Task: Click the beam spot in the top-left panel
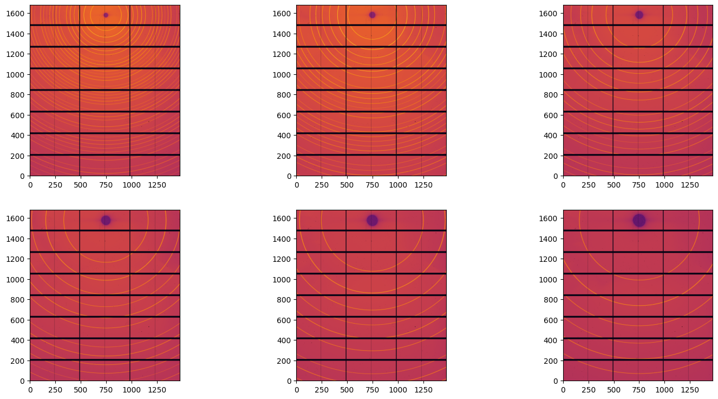[x=106, y=15]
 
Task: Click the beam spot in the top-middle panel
[x=372, y=15]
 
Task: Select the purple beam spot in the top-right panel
[x=639, y=15]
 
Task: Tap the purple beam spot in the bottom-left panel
[x=106, y=220]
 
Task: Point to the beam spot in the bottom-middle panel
[x=372, y=220]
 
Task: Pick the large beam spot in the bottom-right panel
[x=639, y=220]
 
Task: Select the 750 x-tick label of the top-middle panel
[x=372, y=185]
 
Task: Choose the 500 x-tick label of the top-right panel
[x=613, y=185]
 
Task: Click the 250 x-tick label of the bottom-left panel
[x=55, y=390]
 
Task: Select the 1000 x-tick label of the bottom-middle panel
[x=397, y=390]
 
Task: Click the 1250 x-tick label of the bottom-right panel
[x=689, y=390]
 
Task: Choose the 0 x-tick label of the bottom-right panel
[x=563, y=390]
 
